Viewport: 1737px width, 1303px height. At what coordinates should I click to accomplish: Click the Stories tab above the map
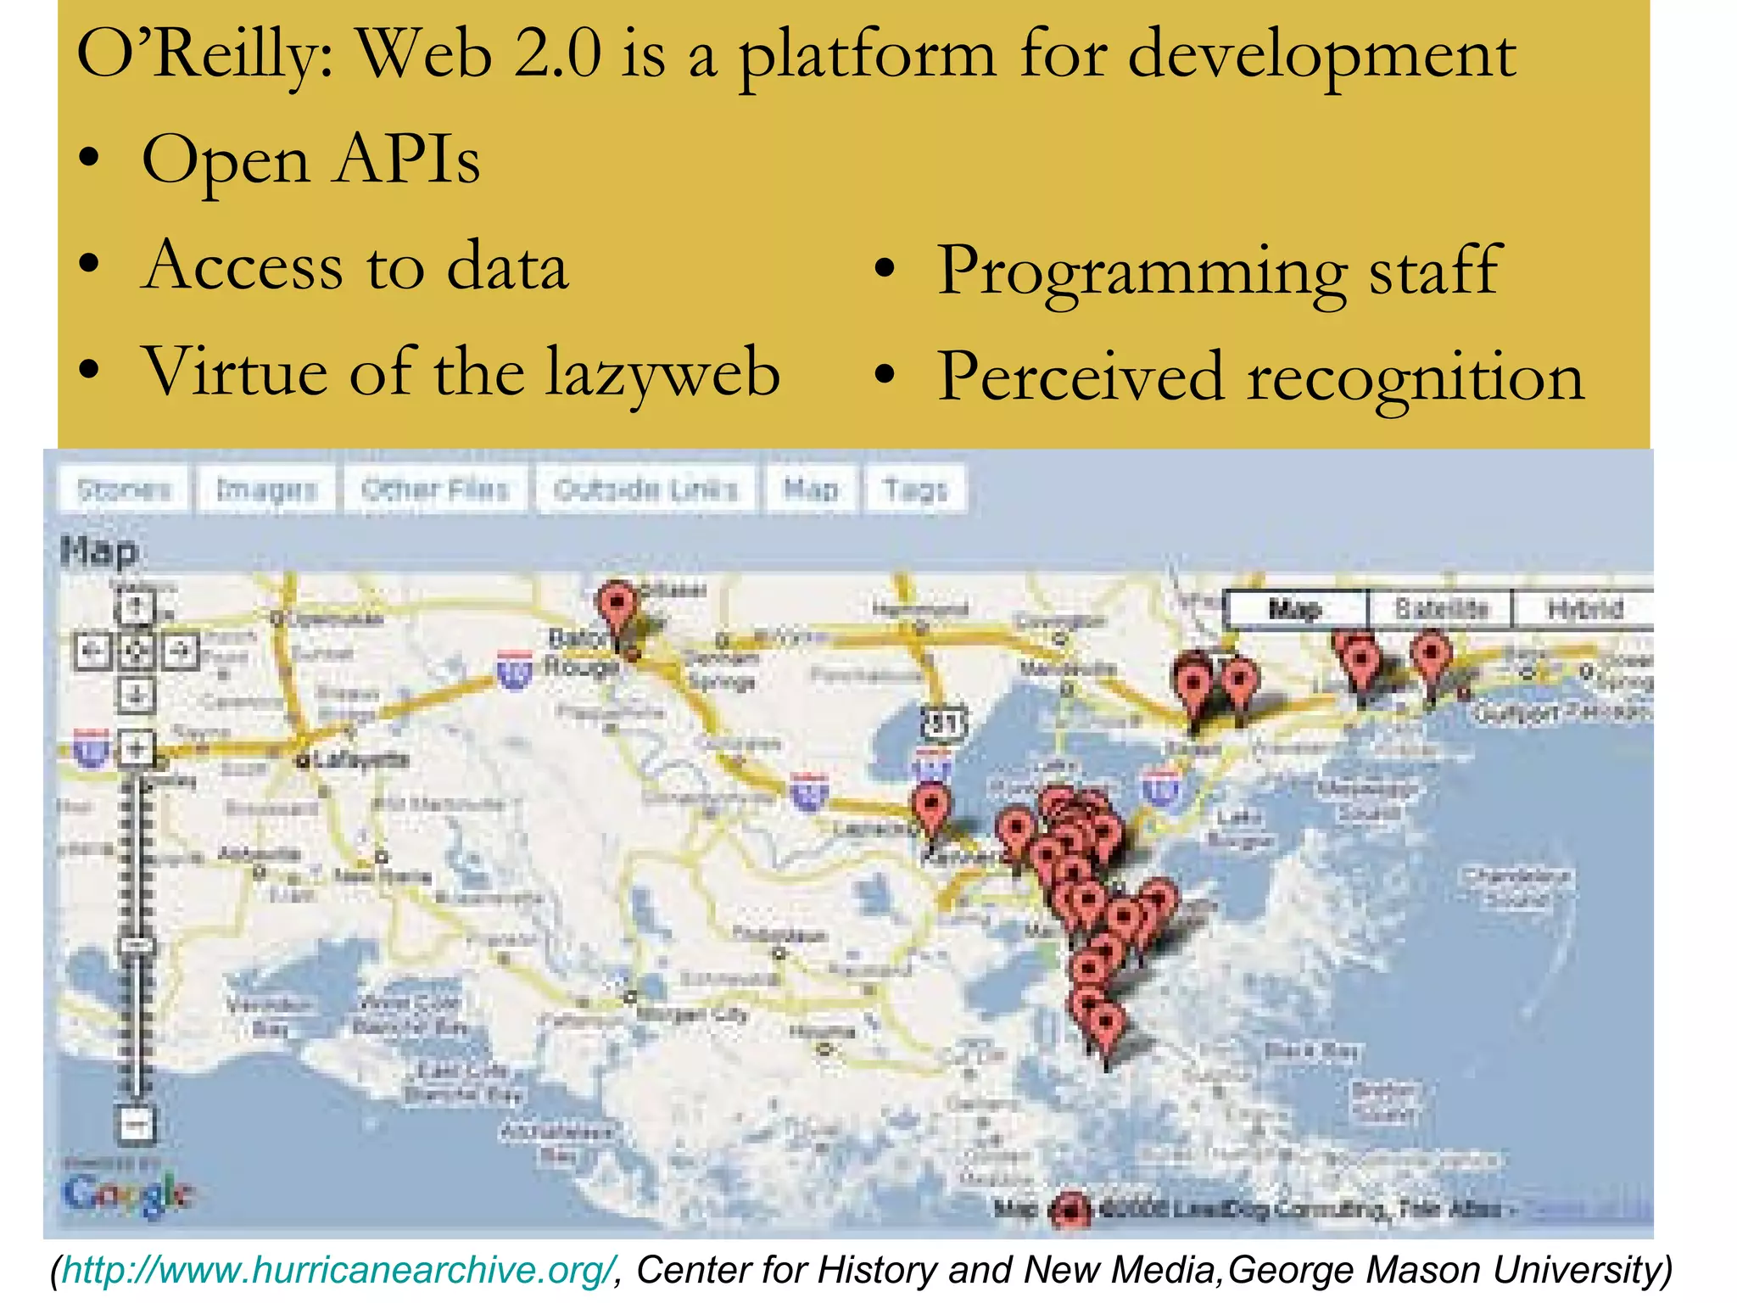(x=124, y=489)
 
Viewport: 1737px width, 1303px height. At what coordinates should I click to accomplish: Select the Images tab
(x=266, y=489)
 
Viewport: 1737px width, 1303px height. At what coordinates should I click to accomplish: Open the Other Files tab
(x=435, y=489)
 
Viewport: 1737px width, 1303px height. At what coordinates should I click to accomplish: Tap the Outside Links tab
(x=645, y=489)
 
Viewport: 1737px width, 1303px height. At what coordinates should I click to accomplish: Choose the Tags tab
(x=915, y=489)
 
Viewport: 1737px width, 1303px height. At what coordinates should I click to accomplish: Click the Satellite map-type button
(x=1441, y=609)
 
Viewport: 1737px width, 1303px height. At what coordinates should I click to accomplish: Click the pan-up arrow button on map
(x=136, y=607)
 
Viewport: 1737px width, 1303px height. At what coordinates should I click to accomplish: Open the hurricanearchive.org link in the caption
(x=338, y=1271)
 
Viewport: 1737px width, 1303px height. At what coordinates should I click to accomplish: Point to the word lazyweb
(x=662, y=373)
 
